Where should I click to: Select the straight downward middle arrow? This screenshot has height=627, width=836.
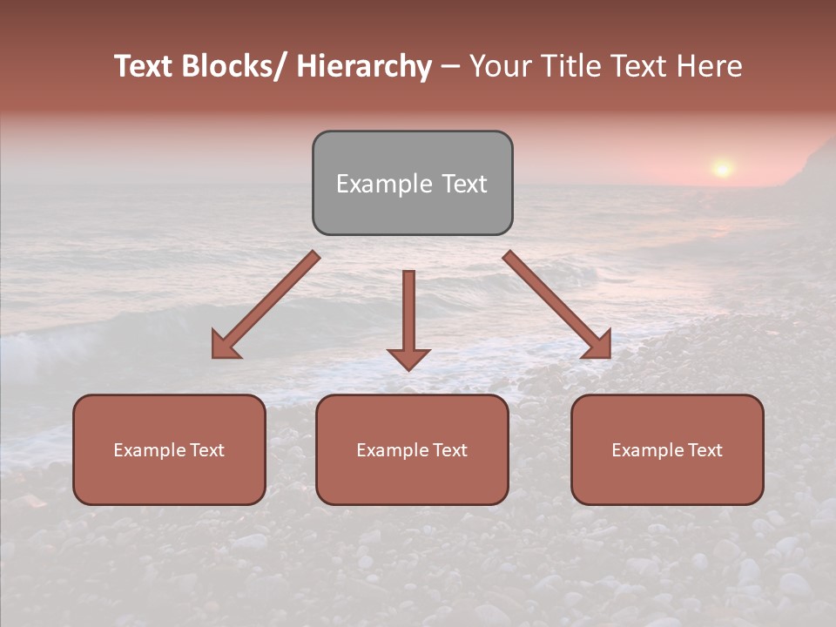[408, 313]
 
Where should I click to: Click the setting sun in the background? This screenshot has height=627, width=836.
[722, 167]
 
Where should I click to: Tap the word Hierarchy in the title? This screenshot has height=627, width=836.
[363, 66]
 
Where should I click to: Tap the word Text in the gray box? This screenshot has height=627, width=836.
[463, 184]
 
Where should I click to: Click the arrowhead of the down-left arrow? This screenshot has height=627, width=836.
[225, 345]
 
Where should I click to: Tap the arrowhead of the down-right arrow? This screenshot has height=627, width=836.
[598, 345]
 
